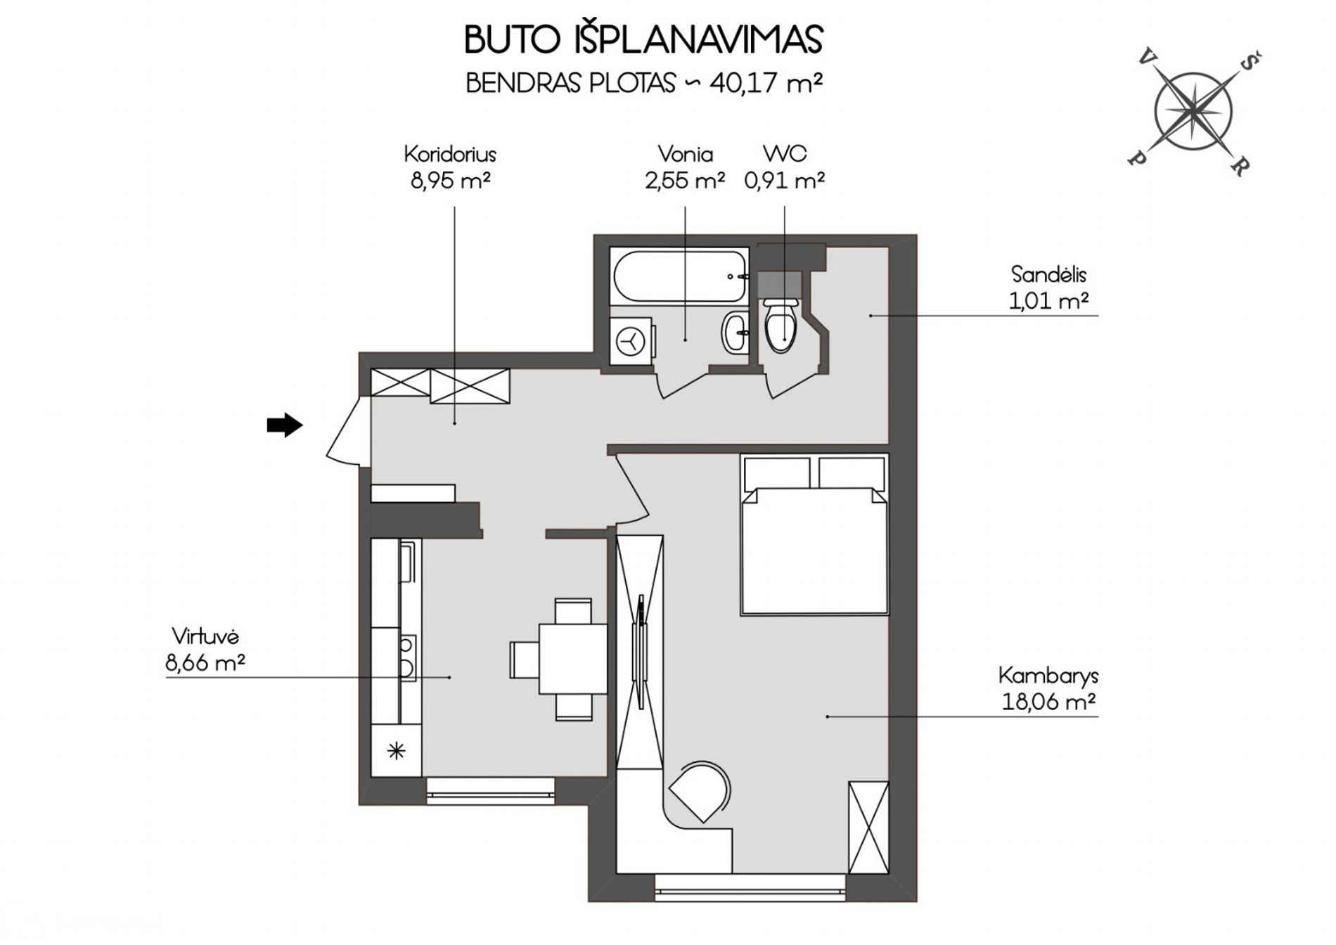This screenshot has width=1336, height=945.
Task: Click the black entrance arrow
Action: [284, 425]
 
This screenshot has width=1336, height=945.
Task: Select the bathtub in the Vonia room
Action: [679, 276]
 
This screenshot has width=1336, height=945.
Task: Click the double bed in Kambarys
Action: [814, 535]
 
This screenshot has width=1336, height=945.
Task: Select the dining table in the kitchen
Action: [573, 659]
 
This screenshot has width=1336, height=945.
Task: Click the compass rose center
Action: [1193, 110]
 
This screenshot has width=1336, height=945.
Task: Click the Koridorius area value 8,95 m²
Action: [450, 181]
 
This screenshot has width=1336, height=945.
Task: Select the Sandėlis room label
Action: [1048, 274]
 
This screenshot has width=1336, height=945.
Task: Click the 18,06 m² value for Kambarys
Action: [1048, 702]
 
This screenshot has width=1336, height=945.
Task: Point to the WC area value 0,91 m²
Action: [785, 181]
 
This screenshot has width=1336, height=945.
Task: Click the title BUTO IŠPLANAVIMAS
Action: [643, 40]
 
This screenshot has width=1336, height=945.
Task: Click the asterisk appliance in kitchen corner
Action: [397, 751]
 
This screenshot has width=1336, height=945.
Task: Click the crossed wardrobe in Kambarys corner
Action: [868, 826]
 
